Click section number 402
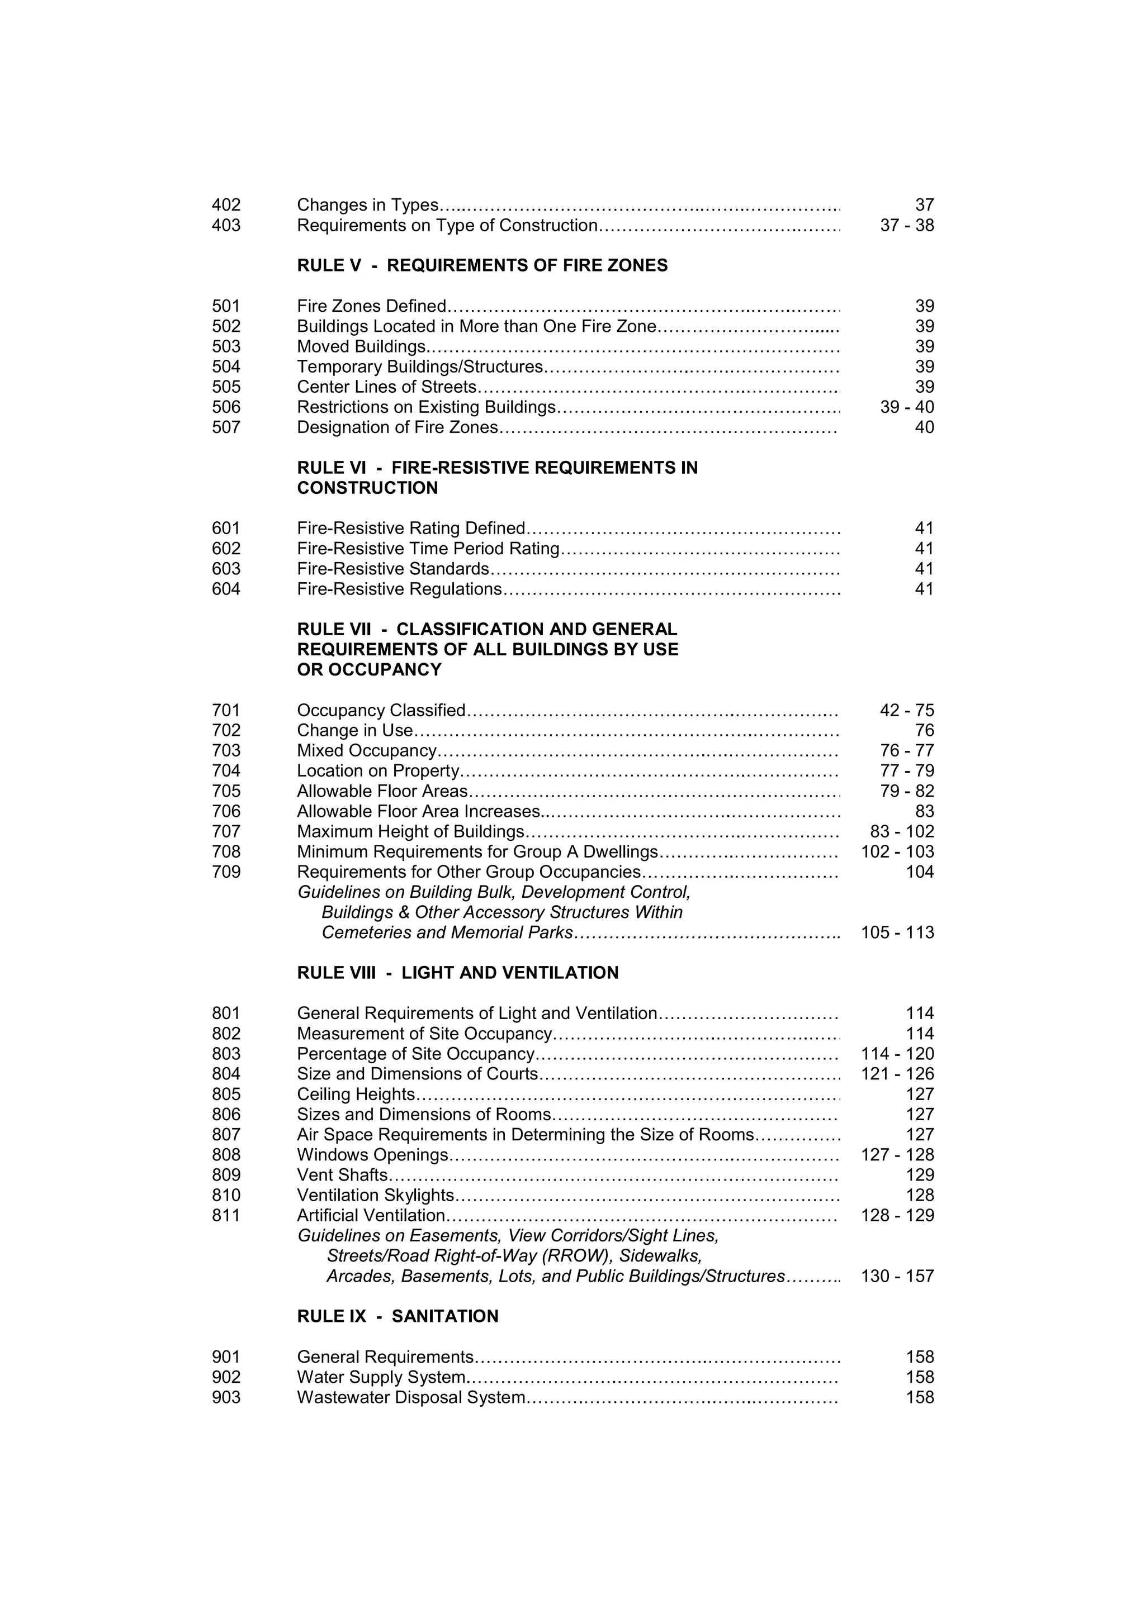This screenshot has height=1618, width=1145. (226, 205)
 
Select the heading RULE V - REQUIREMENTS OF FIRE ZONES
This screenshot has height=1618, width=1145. (482, 266)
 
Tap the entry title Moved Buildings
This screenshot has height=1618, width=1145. (361, 347)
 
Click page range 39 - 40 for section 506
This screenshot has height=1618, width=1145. (907, 407)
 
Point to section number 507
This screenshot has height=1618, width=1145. (226, 428)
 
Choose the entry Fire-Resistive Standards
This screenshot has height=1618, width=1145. (392, 569)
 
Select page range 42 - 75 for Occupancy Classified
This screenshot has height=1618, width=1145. (907, 710)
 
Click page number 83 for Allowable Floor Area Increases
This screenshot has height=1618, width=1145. (924, 811)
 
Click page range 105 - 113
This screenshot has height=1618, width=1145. (897, 932)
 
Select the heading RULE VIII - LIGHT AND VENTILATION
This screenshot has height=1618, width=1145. (457, 973)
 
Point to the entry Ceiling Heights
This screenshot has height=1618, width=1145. (356, 1094)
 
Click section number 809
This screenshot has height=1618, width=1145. (226, 1175)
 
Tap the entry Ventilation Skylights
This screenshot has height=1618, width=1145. (375, 1195)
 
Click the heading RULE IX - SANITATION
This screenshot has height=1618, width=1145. (398, 1316)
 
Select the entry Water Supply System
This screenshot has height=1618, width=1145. (381, 1377)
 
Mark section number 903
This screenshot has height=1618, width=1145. (226, 1397)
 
